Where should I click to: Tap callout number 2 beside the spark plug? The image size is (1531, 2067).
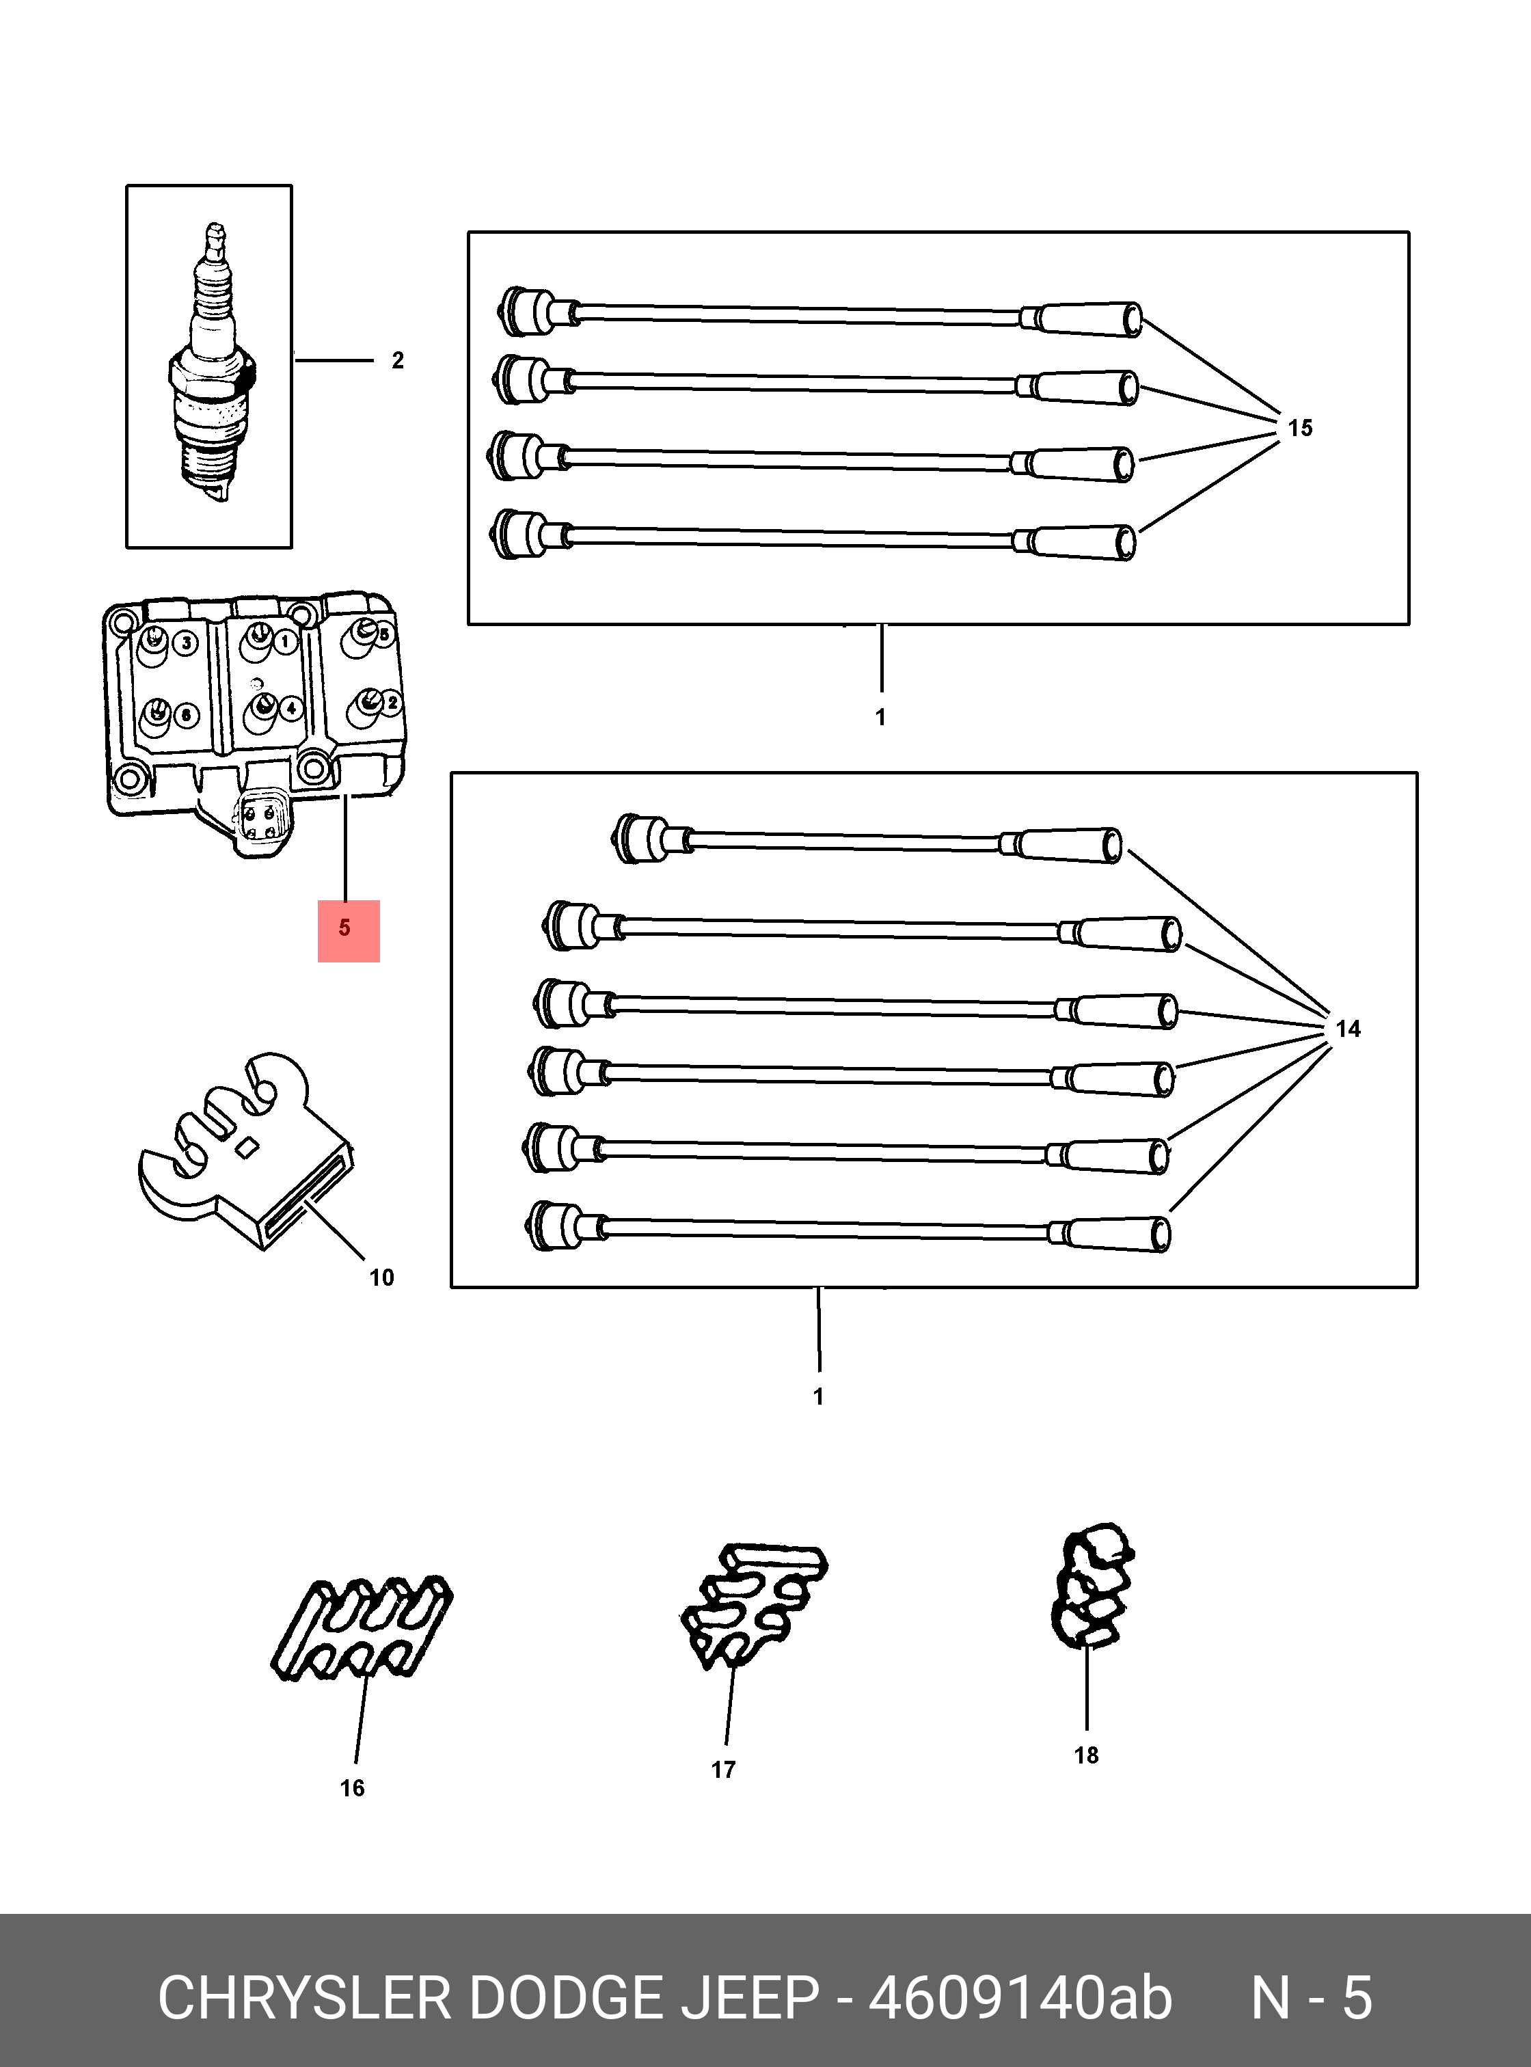click(398, 361)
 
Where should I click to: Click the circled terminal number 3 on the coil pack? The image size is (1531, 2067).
click(187, 643)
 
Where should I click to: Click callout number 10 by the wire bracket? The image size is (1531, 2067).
click(382, 1278)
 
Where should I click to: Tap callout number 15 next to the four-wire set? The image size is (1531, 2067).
click(1300, 428)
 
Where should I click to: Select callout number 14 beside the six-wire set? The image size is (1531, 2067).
click(1348, 1029)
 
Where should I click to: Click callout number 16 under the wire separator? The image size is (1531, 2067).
click(352, 1789)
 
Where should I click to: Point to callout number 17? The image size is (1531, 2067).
click(723, 1770)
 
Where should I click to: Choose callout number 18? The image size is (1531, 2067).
click(1086, 1755)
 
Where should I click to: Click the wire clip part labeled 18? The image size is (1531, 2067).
click(1091, 1587)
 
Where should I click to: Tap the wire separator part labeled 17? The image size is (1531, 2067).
click(753, 1606)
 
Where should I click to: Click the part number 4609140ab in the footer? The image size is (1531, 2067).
click(1020, 1999)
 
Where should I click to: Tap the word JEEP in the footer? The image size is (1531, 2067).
click(752, 1999)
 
